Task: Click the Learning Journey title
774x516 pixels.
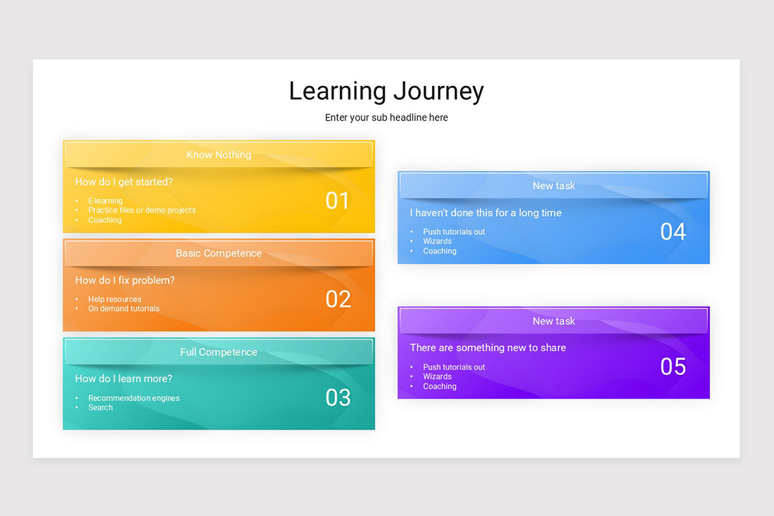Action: [386, 92]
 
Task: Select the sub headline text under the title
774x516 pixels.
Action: [386, 117]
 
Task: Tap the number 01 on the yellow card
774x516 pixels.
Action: [337, 201]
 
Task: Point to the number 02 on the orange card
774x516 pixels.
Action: [337, 299]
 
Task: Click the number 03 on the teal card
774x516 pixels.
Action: [337, 398]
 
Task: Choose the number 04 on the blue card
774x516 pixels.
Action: [673, 232]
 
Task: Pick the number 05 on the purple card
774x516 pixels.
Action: [673, 366]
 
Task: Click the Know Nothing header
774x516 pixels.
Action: [219, 155]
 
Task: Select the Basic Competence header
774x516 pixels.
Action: [219, 253]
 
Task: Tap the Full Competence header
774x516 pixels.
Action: [219, 352]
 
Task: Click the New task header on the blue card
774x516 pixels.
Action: [553, 186]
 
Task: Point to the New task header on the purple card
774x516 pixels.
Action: [553, 321]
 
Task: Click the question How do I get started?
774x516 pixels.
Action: [124, 182]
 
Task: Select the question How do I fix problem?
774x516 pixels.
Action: [124, 281]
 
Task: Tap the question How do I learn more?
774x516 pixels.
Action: [123, 379]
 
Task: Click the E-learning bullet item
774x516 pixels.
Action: [105, 201]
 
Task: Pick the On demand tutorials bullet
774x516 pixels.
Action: [124, 308]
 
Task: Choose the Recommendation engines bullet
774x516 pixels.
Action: [134, 398]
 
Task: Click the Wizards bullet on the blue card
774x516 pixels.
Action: [437, 241]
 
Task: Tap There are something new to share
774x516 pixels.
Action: [488, 348]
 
